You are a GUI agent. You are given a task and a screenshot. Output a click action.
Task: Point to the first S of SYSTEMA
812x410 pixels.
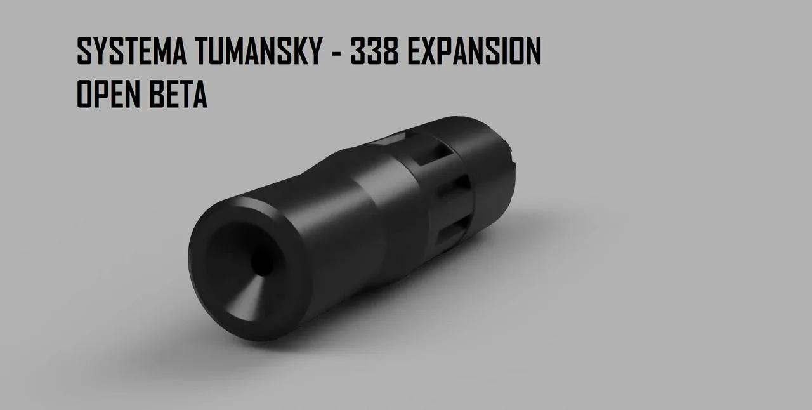(84, 51)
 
